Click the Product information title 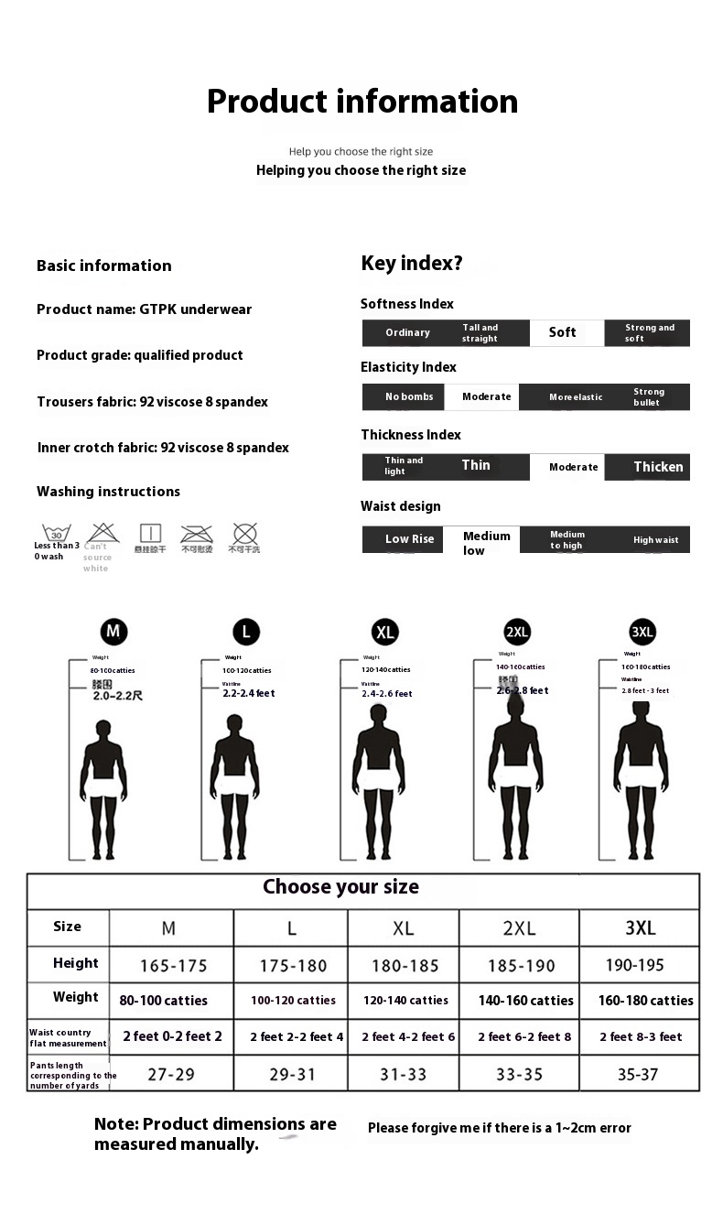tap(361, 101)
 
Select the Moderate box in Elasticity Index tap(485, 396)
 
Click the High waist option tap(655, 540)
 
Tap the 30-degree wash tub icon tap(57, 534)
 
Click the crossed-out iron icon tap(197, 534)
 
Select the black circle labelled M tap(113, 631)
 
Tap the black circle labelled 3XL tap(642, 632)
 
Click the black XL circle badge tap(385, 632)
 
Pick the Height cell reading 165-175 tap(173, 965)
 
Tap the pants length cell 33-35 tap(519, 1074)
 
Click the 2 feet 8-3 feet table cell tap(641, 1036)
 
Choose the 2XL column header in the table tap(519, 927)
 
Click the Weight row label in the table tap(75, 997)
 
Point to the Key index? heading tap(412, 264)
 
